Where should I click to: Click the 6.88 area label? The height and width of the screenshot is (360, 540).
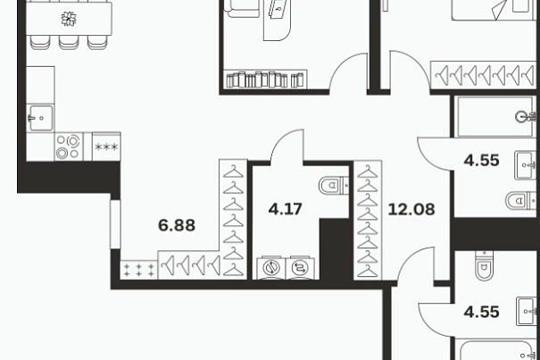177,225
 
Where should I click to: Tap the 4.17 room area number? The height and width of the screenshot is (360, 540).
285,209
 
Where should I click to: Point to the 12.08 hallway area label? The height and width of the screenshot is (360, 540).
411,209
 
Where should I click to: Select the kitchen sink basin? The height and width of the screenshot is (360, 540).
41,118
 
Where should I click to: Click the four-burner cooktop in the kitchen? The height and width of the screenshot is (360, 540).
69,147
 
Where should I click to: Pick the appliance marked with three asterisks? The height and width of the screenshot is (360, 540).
106,147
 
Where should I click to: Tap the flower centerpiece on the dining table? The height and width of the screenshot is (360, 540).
69,19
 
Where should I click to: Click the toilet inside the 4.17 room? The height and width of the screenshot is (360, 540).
333,186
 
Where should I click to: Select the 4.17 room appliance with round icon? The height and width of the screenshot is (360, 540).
271,267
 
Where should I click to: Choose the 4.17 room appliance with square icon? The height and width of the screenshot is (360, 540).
300,267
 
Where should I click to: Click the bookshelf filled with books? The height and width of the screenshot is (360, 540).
265,80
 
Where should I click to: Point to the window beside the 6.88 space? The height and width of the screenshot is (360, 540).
115,224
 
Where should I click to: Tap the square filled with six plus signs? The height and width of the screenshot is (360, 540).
139,270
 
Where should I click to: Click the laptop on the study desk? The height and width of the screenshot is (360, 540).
278,10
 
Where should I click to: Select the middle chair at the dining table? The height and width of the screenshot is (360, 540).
69,42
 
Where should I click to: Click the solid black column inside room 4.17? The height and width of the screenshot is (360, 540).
336,249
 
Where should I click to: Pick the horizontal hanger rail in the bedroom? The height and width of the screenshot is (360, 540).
483,75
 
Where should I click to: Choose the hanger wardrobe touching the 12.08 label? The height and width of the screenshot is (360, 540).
368,220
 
